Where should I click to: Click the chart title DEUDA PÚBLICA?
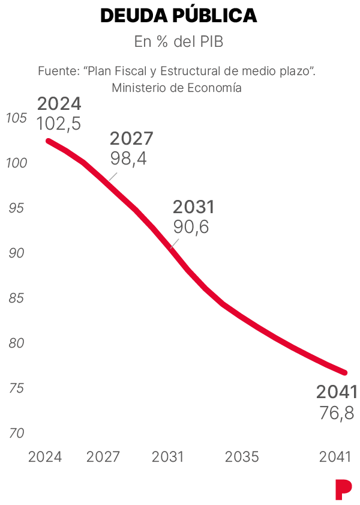pos(179,15)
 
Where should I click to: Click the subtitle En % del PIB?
pos(179,41)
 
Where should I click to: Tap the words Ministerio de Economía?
pos(176,88)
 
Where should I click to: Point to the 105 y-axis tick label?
pos(16,118)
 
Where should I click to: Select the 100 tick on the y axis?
pos(16,163)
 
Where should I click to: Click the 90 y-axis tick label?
pos(16,253)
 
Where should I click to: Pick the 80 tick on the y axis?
pos(16,343)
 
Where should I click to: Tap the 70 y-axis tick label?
pos(16,434)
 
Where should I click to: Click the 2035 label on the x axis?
pos(242,457)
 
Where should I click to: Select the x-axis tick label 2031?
pos(167,457)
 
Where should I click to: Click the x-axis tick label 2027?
pos(103,457)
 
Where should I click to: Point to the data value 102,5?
pos(59,124)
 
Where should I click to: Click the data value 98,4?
pos(128,159)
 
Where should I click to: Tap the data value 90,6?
pos(191,227)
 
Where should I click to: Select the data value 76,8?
pos(337,413)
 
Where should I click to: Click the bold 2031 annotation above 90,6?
pos(193,207)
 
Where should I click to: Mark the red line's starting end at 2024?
pos(48,141)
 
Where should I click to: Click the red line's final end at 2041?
pos(345,373)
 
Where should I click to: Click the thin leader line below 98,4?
pos(113,177)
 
